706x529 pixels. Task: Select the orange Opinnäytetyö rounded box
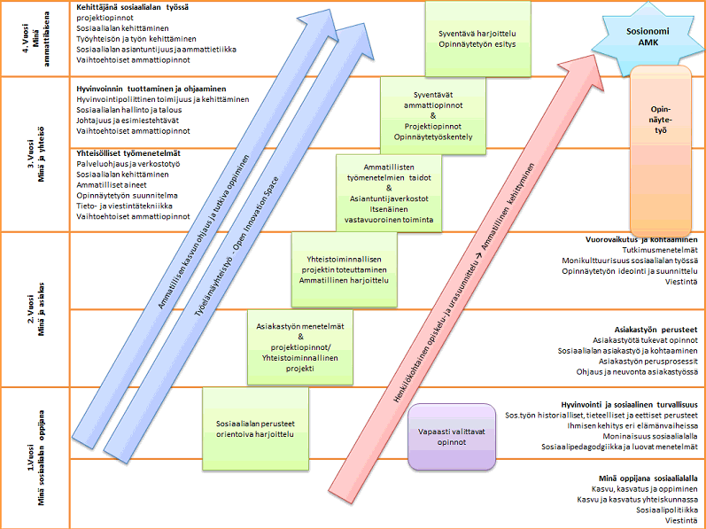click(x=658, y=124)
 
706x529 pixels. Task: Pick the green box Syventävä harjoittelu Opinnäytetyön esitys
click(x=477, y=39)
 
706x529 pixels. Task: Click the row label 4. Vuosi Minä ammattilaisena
click(x=31, y=40)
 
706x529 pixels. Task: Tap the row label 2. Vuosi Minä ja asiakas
click(x=31, y=308)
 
